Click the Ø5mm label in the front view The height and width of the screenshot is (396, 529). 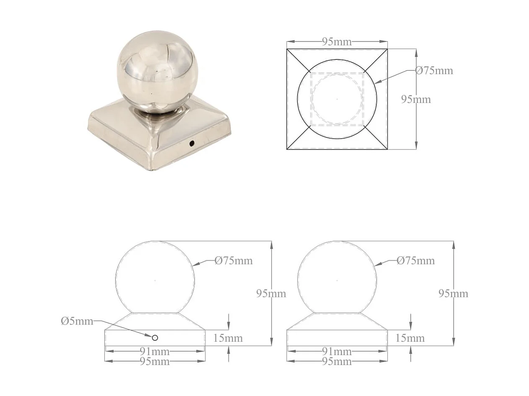tap(77, 321)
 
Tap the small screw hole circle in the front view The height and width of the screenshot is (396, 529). tap(155, 338)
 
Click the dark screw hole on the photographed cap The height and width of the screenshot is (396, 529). tap(192, 144)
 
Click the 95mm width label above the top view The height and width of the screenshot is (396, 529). tap(337, 42)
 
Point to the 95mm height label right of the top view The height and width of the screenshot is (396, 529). tap(416, 99)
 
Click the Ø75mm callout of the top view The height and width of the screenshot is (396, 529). tap(434, 70)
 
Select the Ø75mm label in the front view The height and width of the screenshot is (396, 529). tap(234, 261)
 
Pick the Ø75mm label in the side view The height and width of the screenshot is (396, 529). tap(415, 261)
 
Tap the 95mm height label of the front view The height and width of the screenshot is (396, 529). tap(271, 293)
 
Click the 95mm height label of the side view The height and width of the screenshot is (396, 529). tap(453, 293)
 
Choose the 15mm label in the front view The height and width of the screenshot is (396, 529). tap(228, 338)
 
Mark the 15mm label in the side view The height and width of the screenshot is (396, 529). tap(410, 338)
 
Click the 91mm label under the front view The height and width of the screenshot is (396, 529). tap(155, 351)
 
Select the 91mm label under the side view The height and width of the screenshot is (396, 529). tap(337, 351)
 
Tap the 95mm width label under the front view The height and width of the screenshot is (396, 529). tap(155, 361)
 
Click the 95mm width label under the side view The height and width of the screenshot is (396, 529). tap(337, 361)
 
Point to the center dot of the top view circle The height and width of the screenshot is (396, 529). tap(337, 99)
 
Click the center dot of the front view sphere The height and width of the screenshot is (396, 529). tap(155, 280)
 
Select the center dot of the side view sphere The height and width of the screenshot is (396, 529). tap(337, 280)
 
